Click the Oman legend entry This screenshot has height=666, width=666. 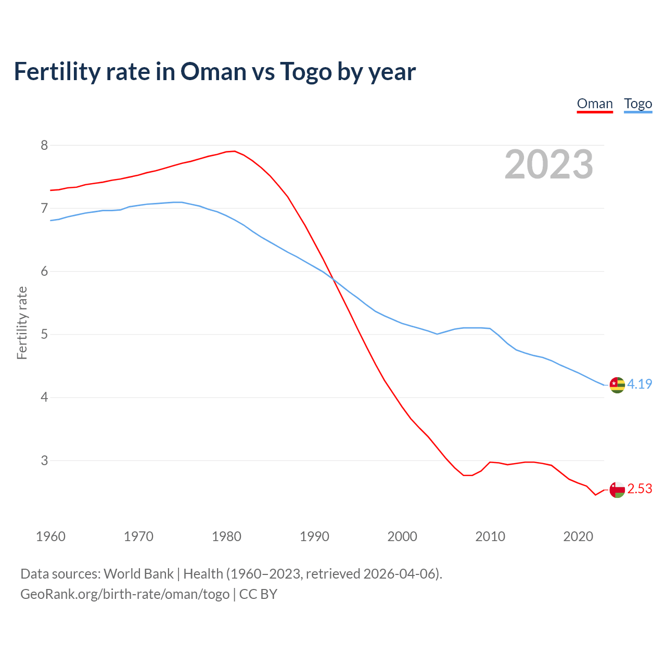[595, 104]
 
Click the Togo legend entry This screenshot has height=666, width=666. [638, 104]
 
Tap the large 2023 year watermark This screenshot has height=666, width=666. [549, 164]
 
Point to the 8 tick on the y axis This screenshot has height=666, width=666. [44, 145]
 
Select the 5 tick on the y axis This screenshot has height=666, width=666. [44, 334]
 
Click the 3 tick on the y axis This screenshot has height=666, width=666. [44, 460]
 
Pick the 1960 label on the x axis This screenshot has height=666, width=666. [50, 536]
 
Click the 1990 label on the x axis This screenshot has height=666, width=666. [314, 536]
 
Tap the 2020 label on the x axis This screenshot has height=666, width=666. [578, 536]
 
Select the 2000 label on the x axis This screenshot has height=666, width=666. [402, 536]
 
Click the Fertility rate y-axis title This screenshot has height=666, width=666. [22, 323]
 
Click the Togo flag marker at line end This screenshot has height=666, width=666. [617, 385]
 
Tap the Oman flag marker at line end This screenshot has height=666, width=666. [617, 490]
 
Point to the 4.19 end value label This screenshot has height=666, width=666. [639, 384]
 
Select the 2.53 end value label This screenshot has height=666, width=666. [639, 489]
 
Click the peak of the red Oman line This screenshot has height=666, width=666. [234, 151]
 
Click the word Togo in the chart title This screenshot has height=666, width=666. [306, 71]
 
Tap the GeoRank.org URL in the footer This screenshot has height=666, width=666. [125, 594]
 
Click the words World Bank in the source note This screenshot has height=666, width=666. [138, 574]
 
